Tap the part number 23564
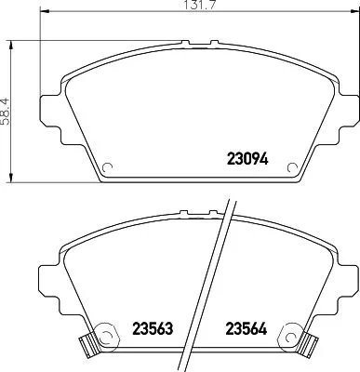pyautogui.click(x=248, y=327)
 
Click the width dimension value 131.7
pyautogui.click(x=193, y=9)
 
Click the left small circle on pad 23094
pyautogui.click(x=107, y=168)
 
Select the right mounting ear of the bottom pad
pyautogui.click(x=345, y=276)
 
